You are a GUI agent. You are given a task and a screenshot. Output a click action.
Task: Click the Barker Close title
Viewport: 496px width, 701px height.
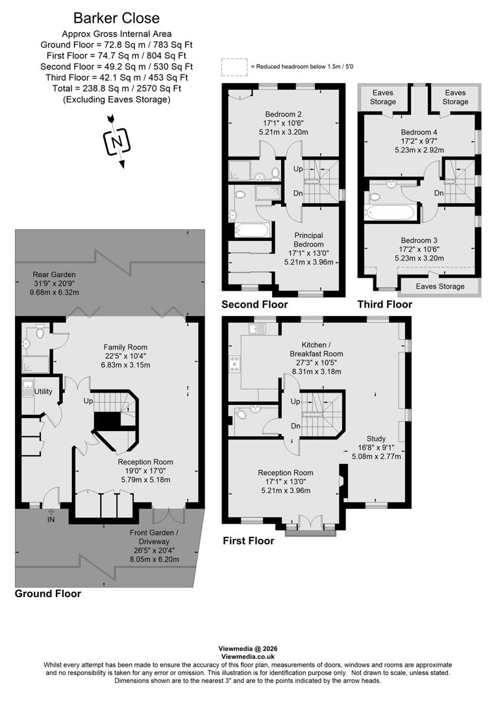click(x=116, y=18)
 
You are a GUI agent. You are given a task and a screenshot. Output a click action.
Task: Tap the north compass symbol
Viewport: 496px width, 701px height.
click(x=117, y=140)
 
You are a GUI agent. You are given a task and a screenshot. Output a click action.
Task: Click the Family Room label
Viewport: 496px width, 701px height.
click(x=127, y=347)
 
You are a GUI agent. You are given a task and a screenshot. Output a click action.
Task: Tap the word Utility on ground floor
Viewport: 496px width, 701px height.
click(x=43, y=391)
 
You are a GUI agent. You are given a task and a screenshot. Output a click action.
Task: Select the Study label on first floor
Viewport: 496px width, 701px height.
click(x=376, y=438)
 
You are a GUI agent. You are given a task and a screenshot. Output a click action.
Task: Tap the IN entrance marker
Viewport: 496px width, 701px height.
click(x=51, y=519)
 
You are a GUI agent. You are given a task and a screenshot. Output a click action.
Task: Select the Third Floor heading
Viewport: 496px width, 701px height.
click(x=384, y=304)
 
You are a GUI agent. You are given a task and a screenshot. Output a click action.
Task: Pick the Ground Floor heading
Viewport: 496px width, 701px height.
click(x=47, y=593)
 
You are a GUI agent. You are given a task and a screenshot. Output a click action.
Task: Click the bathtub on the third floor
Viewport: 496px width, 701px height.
click(x=390, y=212)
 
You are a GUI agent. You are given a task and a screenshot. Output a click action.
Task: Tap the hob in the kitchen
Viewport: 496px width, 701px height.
click(x=232, y=365)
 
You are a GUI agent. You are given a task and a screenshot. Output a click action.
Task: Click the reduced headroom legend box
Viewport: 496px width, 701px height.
click(x=230, y=67)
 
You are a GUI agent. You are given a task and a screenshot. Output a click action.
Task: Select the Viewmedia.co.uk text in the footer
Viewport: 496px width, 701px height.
click(x=247, y=657)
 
